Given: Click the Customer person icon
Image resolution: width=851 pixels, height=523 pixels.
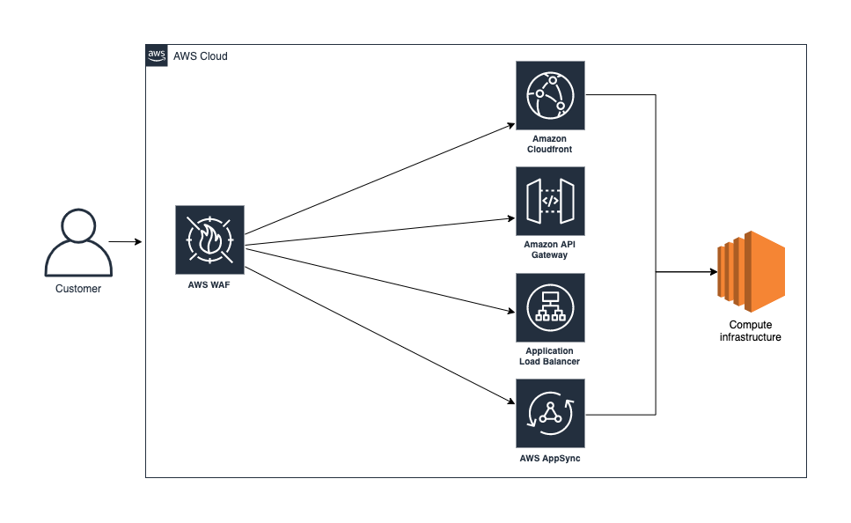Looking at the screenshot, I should (x=78, y=242).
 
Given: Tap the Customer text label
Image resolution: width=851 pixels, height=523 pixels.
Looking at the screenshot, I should (x=78, y=289).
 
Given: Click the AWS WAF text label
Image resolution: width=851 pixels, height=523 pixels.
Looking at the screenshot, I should (x=209, y=284).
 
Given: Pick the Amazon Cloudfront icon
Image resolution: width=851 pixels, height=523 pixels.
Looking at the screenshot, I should (x=550, y=95).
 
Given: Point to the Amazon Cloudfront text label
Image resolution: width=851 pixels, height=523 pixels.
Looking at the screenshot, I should (x=551, y=144).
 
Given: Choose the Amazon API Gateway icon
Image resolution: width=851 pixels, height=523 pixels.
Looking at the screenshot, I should (x=550, y=201).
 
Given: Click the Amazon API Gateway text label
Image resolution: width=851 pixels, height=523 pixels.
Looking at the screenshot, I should (x=550, y=249).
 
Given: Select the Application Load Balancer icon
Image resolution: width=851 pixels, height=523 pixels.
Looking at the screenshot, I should (x=550, y=307).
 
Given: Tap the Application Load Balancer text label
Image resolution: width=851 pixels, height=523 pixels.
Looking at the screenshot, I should (x=550, y=357).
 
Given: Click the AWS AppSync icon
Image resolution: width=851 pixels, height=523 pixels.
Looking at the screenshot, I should (x=550, y=414).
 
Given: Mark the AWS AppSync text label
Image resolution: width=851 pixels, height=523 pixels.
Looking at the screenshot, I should (x=550, y=459).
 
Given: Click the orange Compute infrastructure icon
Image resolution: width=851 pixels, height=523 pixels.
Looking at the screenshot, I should (x=750, y=272).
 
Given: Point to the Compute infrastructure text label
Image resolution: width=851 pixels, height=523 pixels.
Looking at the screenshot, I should (x=750, y=331).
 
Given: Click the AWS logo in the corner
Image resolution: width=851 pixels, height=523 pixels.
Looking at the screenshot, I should (x=157, y=55).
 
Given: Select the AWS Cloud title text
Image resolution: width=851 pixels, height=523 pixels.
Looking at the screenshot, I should (x=201, y=56).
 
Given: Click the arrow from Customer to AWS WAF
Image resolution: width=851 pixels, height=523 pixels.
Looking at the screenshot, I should (x=124, y=240).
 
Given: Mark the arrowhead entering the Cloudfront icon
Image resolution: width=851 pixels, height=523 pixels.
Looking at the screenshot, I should (x=510, y=124).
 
